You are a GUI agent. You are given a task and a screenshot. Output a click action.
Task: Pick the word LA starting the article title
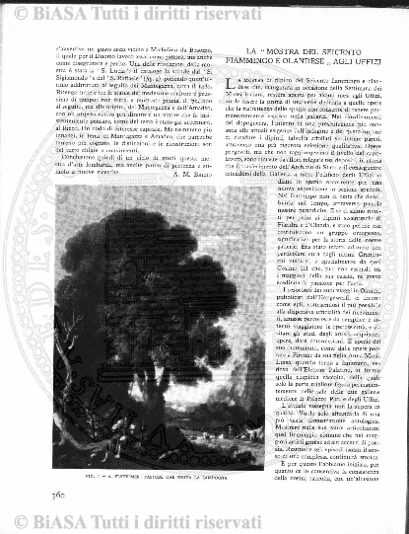[x=251, y=49]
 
